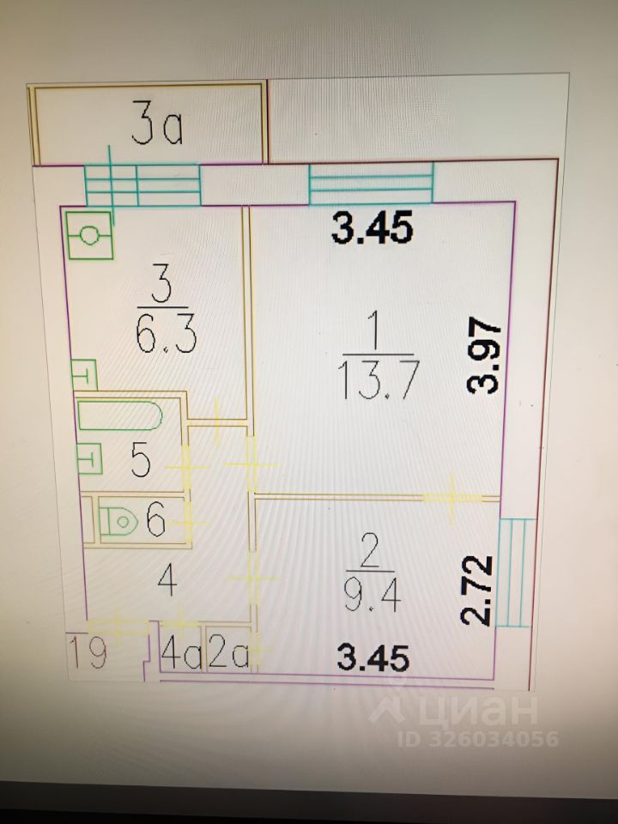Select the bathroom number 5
point(142,461)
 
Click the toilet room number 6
point(154,519)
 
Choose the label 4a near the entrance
point(181,655)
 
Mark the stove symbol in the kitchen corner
point(89,234)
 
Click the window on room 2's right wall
point(516,572)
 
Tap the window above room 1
point(372,184)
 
